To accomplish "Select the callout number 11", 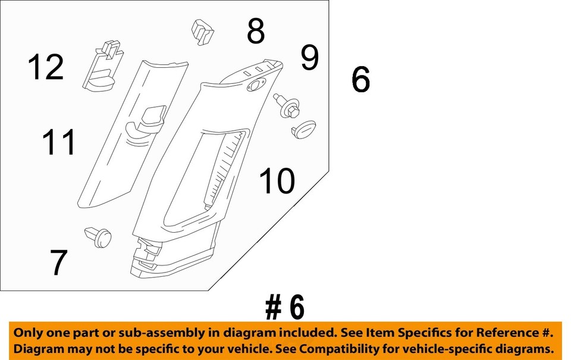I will pos(59,143).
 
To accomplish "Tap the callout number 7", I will pos(58,263).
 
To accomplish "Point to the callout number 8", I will pos(256,32).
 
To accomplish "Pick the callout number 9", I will pos(309,58).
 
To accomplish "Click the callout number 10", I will pos(277,181).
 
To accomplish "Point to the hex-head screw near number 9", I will pos(287,106).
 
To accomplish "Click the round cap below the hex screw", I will pos(304,129).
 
